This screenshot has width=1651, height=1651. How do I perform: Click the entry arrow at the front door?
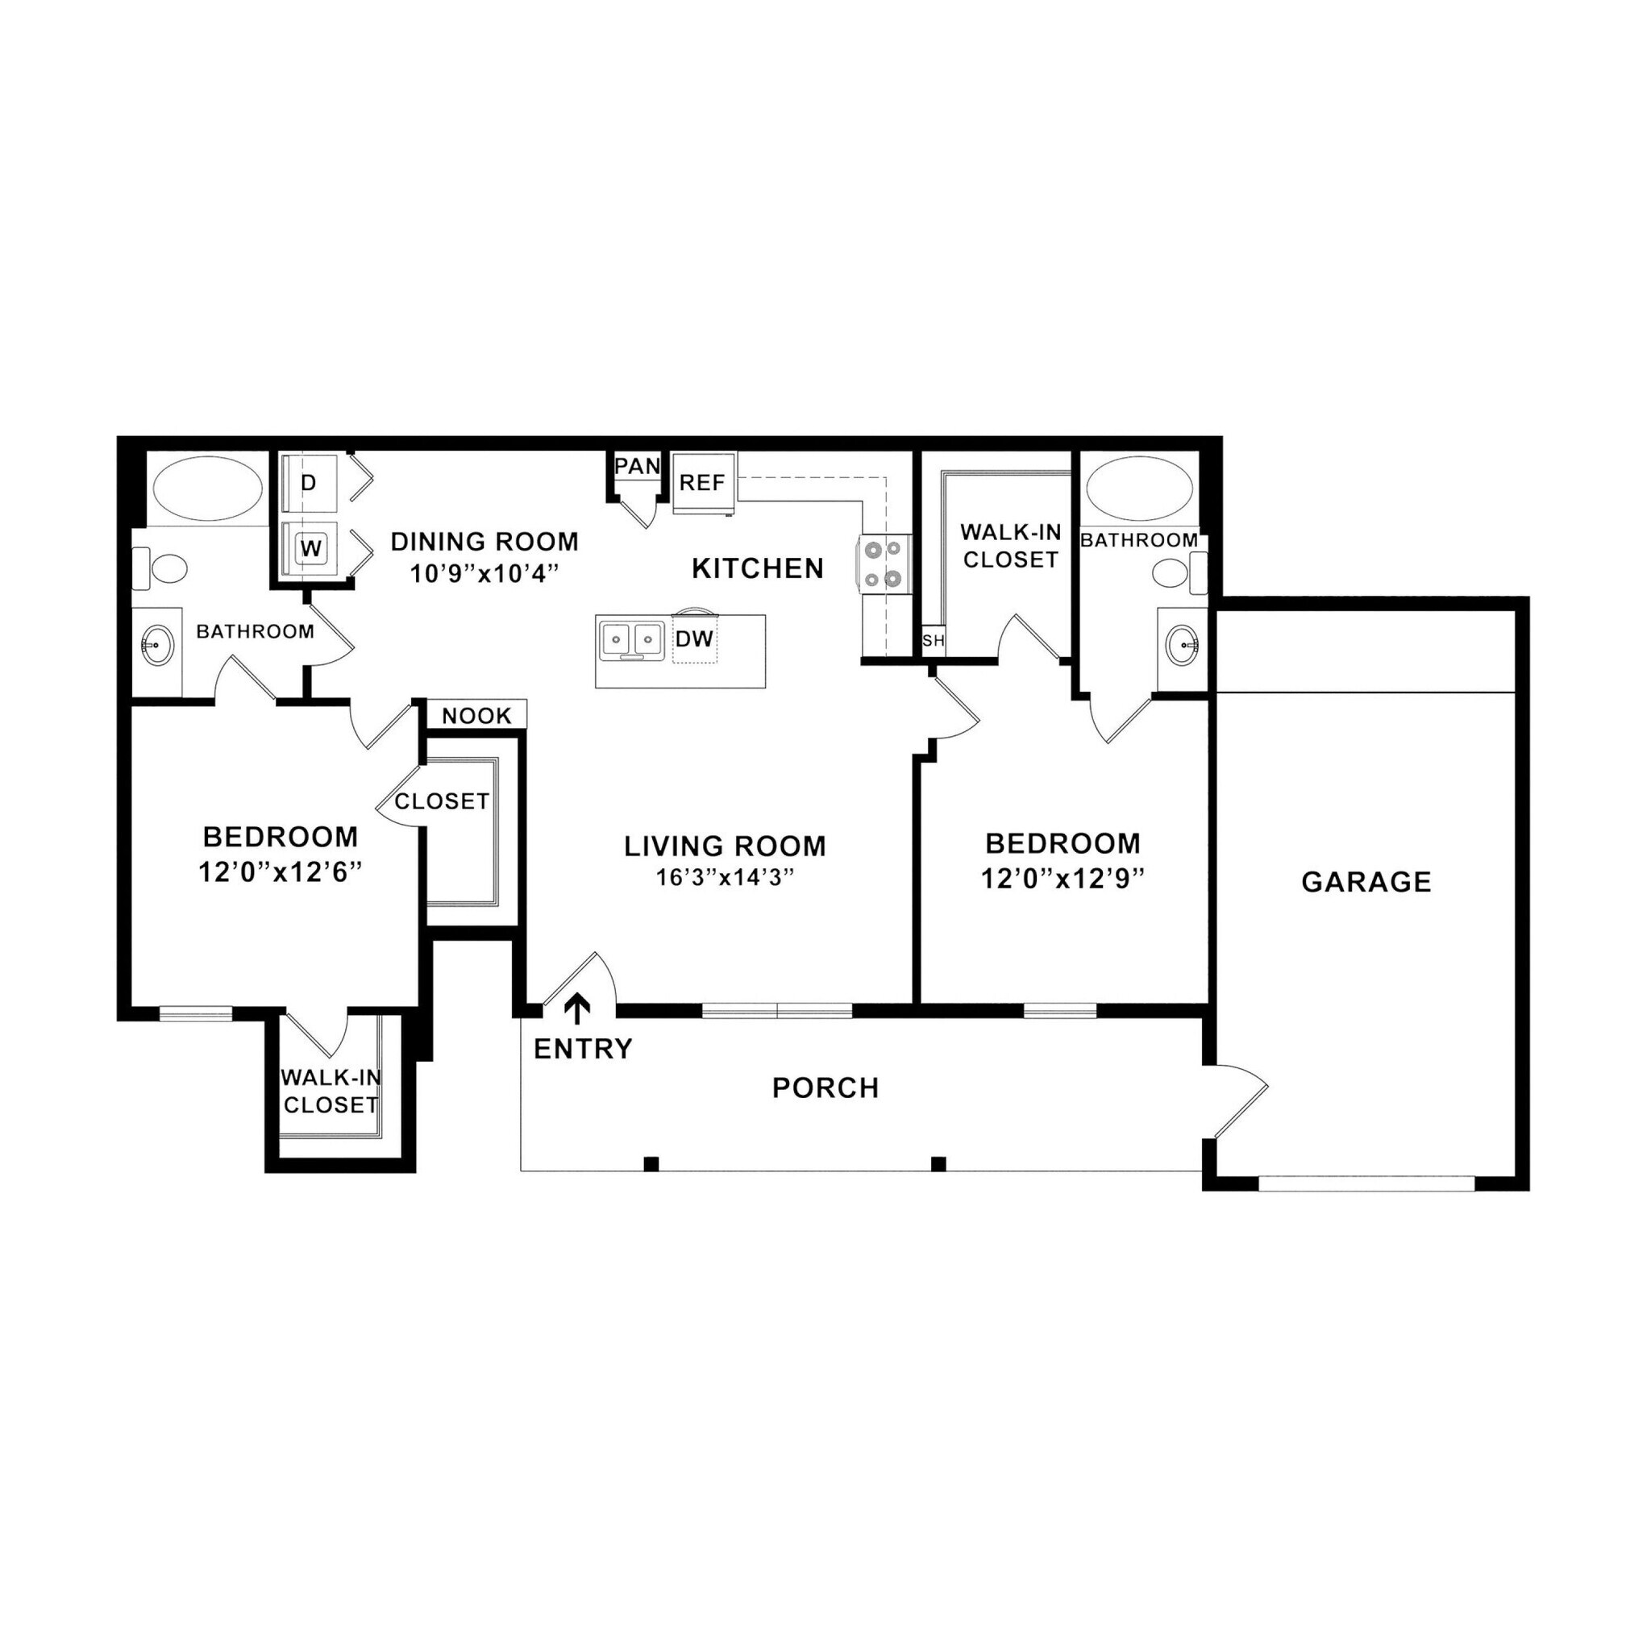tap(579, 1008)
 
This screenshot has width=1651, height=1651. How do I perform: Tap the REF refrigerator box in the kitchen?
tap(702, 483)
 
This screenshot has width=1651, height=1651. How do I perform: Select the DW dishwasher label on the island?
tap(694, 639)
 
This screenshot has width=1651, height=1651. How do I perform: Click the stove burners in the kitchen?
tap(883, 564)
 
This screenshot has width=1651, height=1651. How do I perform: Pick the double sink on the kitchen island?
tap(631, 640)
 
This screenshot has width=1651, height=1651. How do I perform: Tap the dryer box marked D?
tap(310, 483)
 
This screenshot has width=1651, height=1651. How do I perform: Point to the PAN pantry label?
tap(638, 466)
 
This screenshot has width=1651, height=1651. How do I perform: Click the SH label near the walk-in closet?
tap(934, 640)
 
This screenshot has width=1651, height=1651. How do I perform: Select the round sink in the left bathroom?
tap(156, 644)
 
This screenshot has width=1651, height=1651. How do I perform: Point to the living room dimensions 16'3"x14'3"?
tap(725, 878)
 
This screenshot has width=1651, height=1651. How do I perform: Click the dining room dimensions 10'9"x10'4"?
tap(484, 573)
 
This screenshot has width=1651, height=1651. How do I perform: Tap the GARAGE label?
tap(1366, 882)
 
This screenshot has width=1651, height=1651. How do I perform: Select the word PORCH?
tap(825, 1087)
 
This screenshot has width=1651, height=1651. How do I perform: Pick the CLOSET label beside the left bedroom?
tap(442, 801)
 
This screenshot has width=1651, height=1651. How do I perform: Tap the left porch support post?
tap(651, 1163)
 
